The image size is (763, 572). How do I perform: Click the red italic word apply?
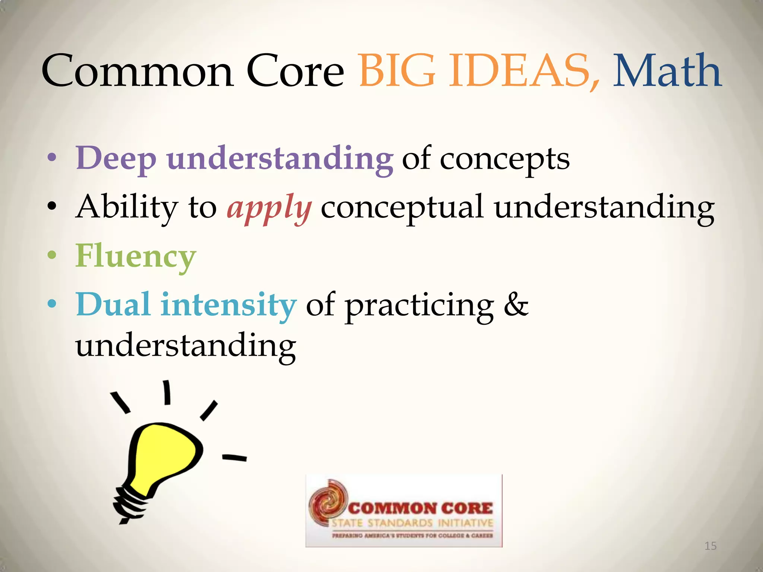tap(269, 209)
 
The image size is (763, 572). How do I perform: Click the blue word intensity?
tap(228, 305)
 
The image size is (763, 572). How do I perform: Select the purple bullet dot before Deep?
tap(52, 158)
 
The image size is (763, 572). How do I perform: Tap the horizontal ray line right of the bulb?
tap(234, 457)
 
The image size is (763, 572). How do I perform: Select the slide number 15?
tap(710, 546)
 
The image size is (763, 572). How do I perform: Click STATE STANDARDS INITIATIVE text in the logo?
tap(412, 523)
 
